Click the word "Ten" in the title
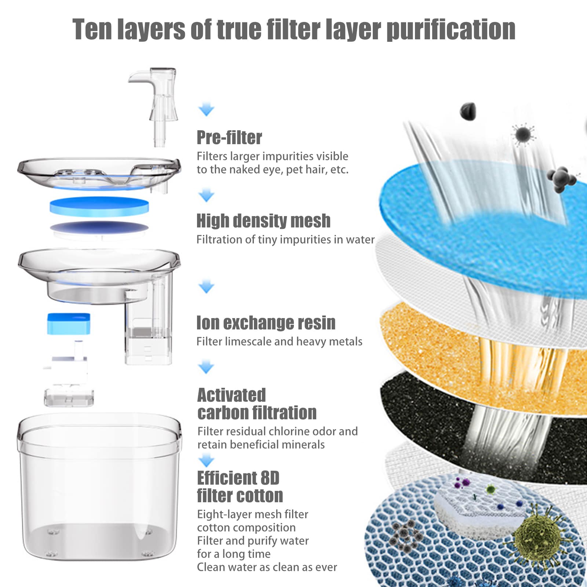(x=91, y=29)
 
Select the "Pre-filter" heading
(x=229, y=138)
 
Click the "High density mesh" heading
(x=263, y=221)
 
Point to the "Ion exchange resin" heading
(x=266, y=323)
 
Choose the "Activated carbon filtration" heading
(x=257, y=404)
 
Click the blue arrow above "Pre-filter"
(x=206, y=110)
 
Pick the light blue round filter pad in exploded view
(x=99, y=206)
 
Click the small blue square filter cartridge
(x=69, y=324)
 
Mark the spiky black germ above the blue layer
(x=523, y=135)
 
